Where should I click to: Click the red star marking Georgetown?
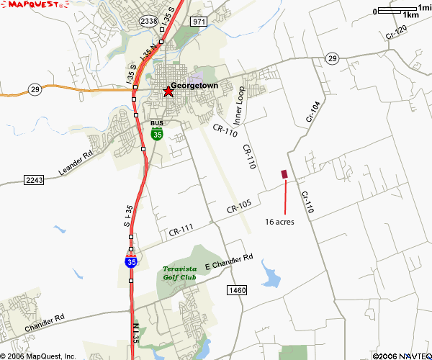point(168,91)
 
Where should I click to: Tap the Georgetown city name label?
point(195,85)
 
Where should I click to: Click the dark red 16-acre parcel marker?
point(284,174)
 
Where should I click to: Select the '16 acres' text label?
point(279,221)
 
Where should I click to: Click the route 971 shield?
point(199,22)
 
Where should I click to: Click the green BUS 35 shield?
point(157,130)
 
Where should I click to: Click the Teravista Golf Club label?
point(179,273)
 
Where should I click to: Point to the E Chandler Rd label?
point(229,261)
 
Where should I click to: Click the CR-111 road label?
point(182,231)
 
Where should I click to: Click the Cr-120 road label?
point(396,32)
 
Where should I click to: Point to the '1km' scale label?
point(411,15)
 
